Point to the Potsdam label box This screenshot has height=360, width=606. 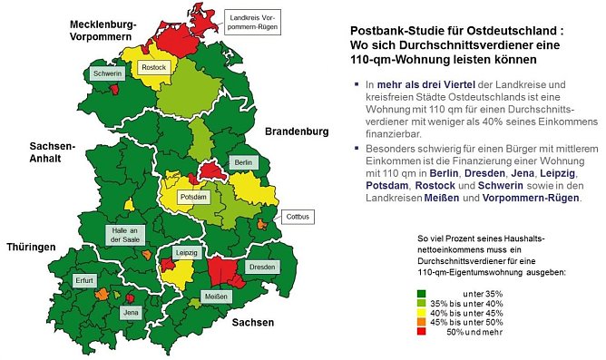[x=193, y=197]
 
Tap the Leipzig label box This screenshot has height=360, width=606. [x=186, y=252]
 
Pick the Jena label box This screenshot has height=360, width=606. [x=131, y=313]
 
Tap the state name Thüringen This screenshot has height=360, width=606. [x=32, y=247]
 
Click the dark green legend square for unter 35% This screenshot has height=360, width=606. [x=422, y=292]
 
